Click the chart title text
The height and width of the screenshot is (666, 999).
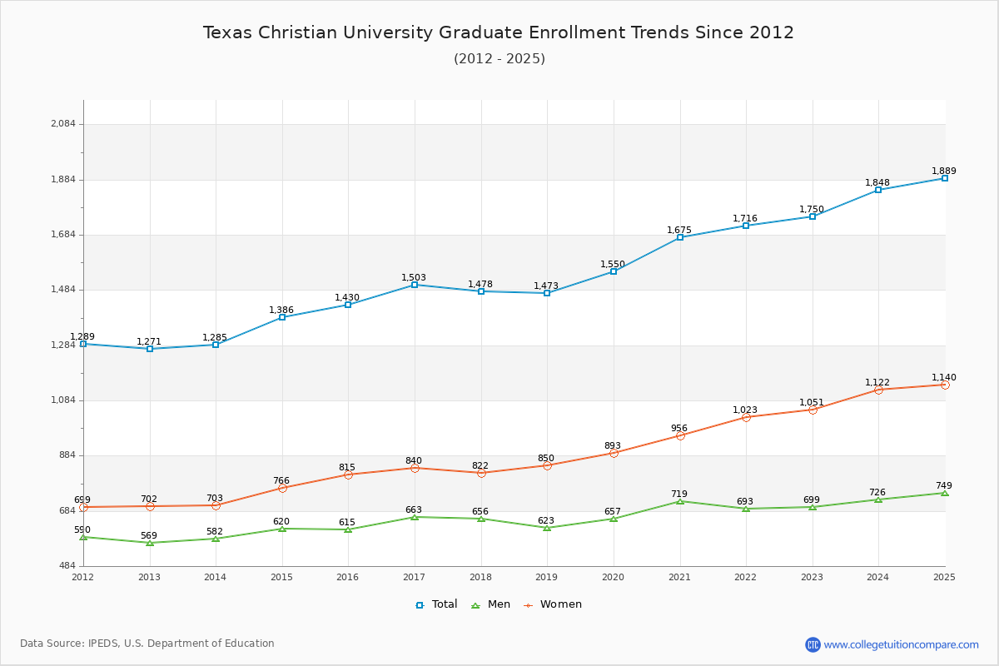[499, 32]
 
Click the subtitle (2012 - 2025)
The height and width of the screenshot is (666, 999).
[499, 58]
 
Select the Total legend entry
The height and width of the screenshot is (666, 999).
[436, 604]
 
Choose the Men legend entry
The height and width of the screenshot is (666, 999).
[491, 604]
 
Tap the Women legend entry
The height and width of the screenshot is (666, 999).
[553, 604]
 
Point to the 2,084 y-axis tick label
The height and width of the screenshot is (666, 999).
[63, 124]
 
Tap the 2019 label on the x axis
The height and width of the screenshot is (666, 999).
[546, 577]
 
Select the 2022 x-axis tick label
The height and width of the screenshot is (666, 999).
[745, 577]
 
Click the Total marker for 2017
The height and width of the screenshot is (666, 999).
[415, 285]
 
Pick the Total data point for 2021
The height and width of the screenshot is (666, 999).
[680, 237]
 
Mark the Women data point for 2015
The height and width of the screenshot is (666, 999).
[282, 488]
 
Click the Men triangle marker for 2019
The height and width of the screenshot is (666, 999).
[547, 528]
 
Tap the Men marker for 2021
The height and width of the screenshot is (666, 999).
[680, 501]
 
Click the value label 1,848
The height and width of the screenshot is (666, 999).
[877, 182]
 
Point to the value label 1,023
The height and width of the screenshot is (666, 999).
[745, 410]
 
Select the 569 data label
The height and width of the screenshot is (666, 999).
[149, 535]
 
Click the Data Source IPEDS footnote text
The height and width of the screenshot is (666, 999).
[147, 644]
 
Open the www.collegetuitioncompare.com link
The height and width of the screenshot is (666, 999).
[901, 644]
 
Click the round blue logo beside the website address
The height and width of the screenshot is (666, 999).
[813, 644]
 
